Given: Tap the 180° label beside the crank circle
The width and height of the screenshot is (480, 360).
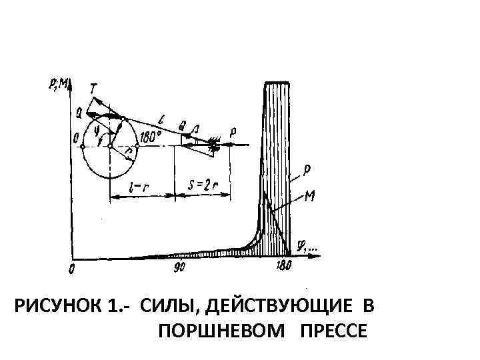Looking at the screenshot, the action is pos(151,135).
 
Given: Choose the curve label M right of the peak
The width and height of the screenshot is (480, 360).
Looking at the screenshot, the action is pos(309,196).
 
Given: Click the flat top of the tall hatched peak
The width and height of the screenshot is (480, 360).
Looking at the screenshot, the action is pos(277,83).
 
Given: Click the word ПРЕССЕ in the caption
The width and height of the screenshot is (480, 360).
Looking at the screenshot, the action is pos(333,331).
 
